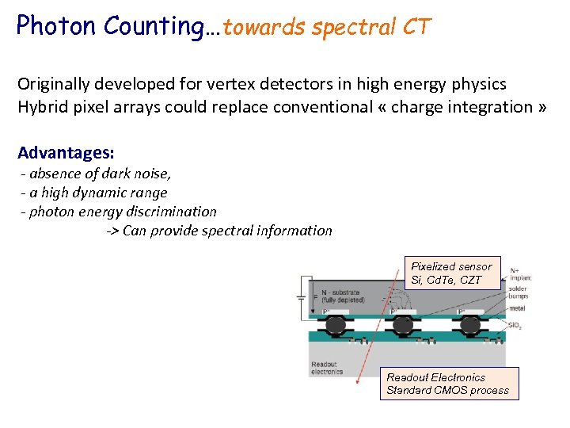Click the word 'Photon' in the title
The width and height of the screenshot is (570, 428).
click(53, 26)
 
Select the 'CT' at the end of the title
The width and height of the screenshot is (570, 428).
click(416, 27)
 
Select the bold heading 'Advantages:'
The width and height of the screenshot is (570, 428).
click(66, 152)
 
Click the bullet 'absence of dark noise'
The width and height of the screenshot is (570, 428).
click(96, 174)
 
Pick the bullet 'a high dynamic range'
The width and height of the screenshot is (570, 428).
click(94, 193)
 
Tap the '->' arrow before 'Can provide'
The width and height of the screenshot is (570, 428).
click(113, 231)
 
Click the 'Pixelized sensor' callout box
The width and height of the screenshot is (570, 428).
click(450, 273)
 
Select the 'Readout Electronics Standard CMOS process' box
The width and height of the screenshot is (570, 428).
click(448, 384)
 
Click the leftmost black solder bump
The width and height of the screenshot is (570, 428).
click(336, 324)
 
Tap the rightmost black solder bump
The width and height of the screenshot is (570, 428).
click(471, 324)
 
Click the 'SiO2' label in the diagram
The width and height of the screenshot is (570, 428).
click(515, 326)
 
